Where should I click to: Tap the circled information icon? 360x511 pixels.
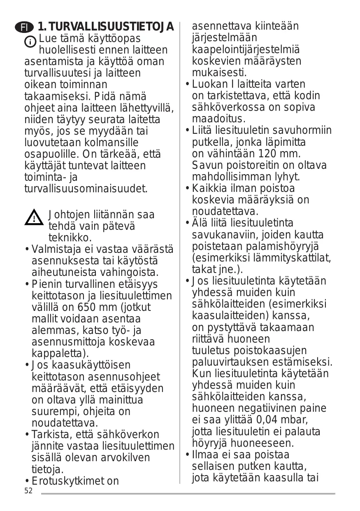pyautogui.click(x=30, y=42)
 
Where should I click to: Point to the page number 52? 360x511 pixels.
pyautogui.click(x=28, y=491)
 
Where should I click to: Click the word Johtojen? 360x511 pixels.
pyautogui.click(x=70, y=215)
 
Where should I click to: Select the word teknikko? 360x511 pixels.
pyautogui.click(x=70, y=238)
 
